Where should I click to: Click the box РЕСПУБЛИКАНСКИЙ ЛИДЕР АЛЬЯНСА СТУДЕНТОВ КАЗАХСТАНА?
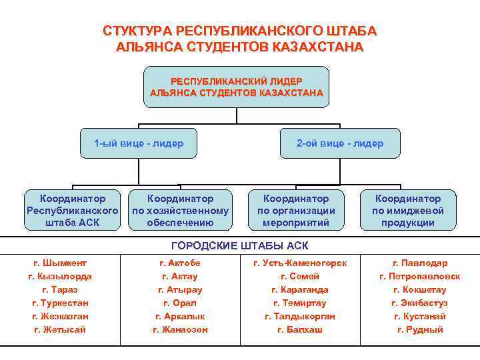[x=237, y=87]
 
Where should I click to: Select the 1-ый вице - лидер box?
[x=139, y=143]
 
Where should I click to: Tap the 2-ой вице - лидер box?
[x=340, y=143]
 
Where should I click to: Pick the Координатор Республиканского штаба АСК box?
[x=73, y=211]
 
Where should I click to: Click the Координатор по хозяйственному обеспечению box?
[x=180, y=211]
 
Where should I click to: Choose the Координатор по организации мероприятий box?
[x=296, y=211]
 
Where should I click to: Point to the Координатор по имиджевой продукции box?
[x=408, y=211]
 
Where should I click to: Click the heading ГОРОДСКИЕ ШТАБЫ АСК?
[x=240, y=245]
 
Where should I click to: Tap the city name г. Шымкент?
[x=60, y=263]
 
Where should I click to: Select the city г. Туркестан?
[x=60, y=303]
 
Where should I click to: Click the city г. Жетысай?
[x=60, y=330]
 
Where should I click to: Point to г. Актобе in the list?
[x=180, y=263]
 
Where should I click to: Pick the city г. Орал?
[x=180, y=303]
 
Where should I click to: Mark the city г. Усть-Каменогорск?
[x=300, y=263]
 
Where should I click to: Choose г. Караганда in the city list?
[x=300, y=290]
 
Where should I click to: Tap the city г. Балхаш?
[x=300, y=330]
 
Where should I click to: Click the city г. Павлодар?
[x=420, y=263]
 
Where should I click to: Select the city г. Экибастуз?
[x=420, y=303]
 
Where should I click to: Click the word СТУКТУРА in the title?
[x=135, y=31]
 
